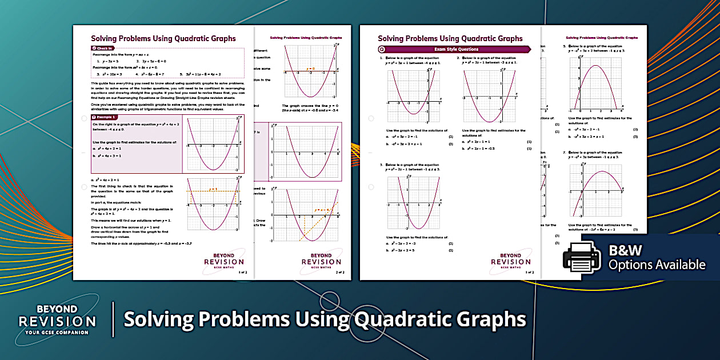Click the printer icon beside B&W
pos(582,257)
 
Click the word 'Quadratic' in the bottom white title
pos(391,319)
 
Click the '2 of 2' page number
pos(340,272)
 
